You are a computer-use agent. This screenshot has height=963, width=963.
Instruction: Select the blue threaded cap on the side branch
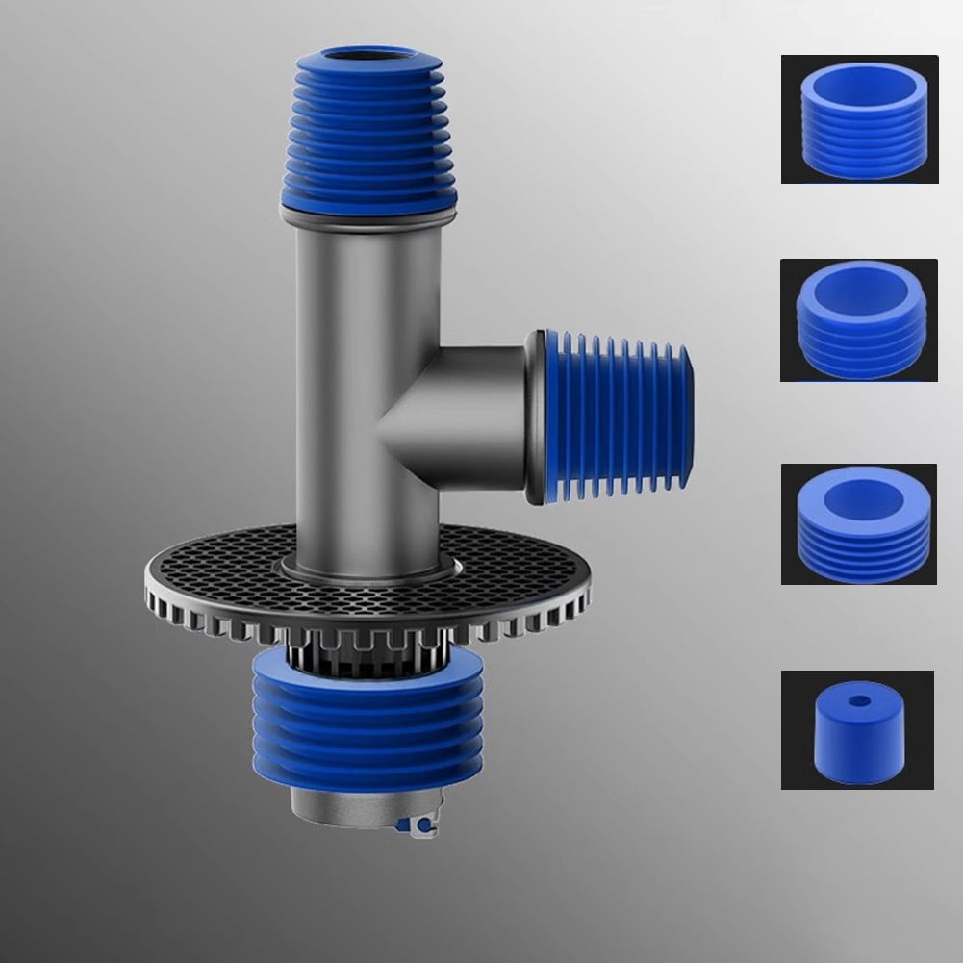(x=616, y=418)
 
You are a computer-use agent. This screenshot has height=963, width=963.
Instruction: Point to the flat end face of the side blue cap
(x=686, y=418)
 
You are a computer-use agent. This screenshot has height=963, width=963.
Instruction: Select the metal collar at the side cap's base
(x=535, y=418)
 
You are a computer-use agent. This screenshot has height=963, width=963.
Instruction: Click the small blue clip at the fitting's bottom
(x=420, y=824)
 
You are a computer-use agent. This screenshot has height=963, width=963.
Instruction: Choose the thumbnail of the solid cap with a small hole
(x=857, y=729)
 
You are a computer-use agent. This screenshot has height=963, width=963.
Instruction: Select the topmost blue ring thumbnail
(x=859, y=119)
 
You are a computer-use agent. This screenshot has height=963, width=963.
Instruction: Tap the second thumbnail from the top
(x=859, y=319)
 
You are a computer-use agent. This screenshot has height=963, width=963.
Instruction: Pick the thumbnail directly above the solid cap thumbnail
(x=859, y=524)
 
